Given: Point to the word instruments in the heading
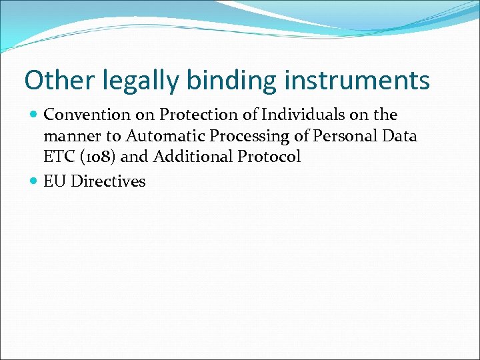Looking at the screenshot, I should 357,81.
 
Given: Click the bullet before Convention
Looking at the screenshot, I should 34,115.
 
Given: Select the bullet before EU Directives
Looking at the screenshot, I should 34,181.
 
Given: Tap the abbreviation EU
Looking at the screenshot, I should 55,181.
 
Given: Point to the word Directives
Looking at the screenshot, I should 108,181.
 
